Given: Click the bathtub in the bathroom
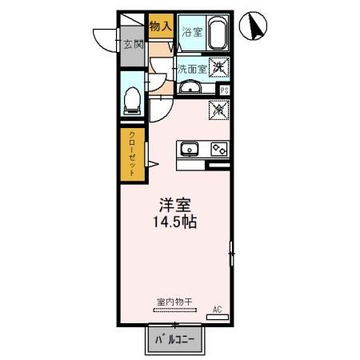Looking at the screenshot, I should click(218, 33).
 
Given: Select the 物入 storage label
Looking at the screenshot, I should click(161, 26).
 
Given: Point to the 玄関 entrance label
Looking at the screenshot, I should click(133, 44).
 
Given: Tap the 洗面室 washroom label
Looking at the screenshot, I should click(192, 70).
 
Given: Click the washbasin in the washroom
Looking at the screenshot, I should click(190, 87).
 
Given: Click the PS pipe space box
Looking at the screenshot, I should click(225, 90).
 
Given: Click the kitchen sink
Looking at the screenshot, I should click(190, 148).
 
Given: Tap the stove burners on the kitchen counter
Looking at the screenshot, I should click(218, 148).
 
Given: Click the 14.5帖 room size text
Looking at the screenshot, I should click(173, 223).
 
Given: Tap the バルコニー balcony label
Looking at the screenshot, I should click(175, 341).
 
